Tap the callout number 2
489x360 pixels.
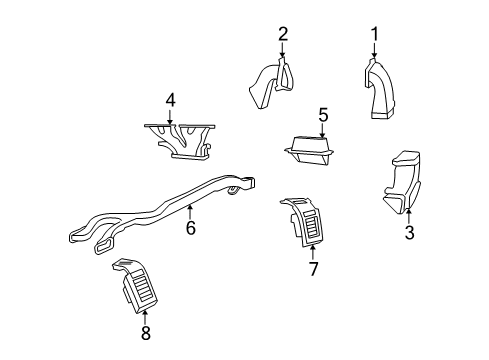pos(283,35)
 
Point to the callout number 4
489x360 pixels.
pos(171,100)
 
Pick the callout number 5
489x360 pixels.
pos(323,115)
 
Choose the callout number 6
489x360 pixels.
pos(190,228)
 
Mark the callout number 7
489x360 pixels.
pos(313,269)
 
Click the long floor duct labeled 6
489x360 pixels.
pos(160,215)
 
